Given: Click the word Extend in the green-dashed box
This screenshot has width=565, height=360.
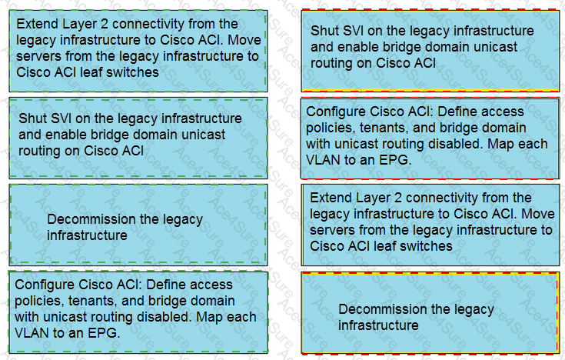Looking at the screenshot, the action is pyautogui.click(x=37, y=24).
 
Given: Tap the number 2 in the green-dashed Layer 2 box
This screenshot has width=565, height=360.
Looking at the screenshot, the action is pyautogui.click(x=104, y=24).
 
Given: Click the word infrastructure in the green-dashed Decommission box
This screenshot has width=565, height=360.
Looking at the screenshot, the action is pyautogui.click(x=87, y=235).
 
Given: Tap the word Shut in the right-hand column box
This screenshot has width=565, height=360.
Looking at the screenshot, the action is pyautogui.click(x=323, y=31).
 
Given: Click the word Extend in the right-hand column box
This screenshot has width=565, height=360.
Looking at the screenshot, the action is pyautogui.click(x=331, y=198).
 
